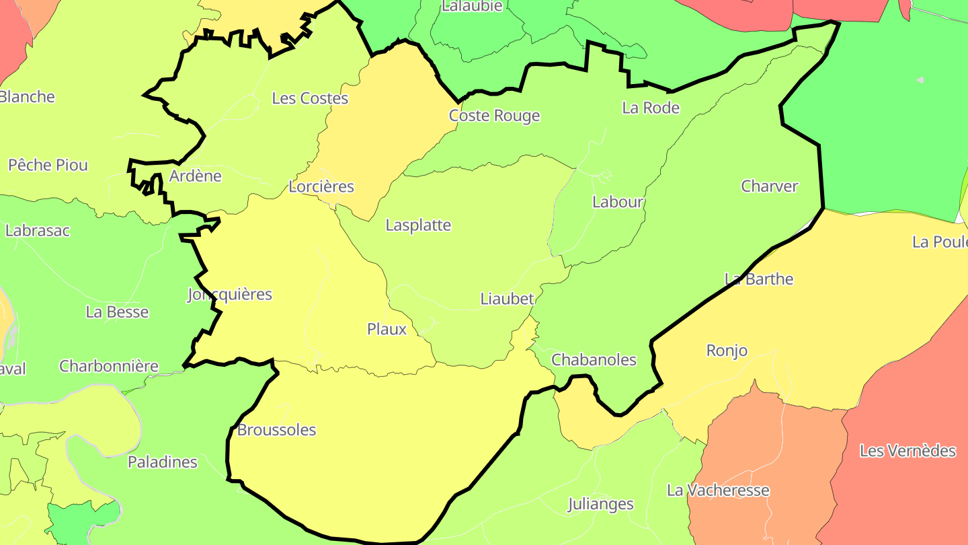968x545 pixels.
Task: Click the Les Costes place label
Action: click(x=310, y=98)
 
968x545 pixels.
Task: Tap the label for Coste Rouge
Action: click(x=494, y=116)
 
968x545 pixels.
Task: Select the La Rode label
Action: click(x=651, y=108)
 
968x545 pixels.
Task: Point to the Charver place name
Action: click(x=769, y=186)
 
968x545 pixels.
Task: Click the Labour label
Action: click(x=618, y=202)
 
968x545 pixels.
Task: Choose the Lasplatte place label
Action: click(x=418, y=225)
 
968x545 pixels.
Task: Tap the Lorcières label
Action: click(x=321, y=186)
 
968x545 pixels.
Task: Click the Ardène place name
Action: click(x=196, y=176)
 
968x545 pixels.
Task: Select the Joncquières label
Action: click(x=230, y=294)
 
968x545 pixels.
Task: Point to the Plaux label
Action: click(x=387, y=329)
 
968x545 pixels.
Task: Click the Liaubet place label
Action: click(x=507, y=299)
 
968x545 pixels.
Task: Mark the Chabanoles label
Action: click(x=594, y=360)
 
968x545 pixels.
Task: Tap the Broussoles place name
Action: click(x=276, y=430)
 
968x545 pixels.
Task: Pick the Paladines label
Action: click(x=163, y=462)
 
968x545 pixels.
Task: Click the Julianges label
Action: click(x=600, y=504)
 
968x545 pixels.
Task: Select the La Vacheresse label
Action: click(x=717, y=490)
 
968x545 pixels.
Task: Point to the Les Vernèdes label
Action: click(x=908, y=451)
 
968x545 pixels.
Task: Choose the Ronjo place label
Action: click(x=727, y=351)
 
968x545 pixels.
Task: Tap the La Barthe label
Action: click(x=759, y=279)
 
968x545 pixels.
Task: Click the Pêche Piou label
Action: click(x=48, y=165)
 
